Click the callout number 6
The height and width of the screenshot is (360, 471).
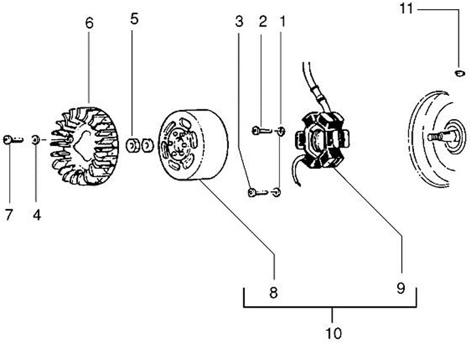89,23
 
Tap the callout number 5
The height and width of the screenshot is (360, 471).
134,18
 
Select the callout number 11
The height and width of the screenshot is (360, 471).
406,9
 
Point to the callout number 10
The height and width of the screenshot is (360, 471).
334,333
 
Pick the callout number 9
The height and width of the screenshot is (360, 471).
400,288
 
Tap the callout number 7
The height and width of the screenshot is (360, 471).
9,215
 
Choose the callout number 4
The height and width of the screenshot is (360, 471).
37,215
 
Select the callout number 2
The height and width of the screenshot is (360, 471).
262,22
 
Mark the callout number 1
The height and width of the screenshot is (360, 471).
282,22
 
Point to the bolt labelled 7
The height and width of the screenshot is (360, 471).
11,139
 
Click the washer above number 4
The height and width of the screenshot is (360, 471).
37,139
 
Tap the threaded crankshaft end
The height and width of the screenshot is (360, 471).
438,137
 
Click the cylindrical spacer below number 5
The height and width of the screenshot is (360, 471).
133,144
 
